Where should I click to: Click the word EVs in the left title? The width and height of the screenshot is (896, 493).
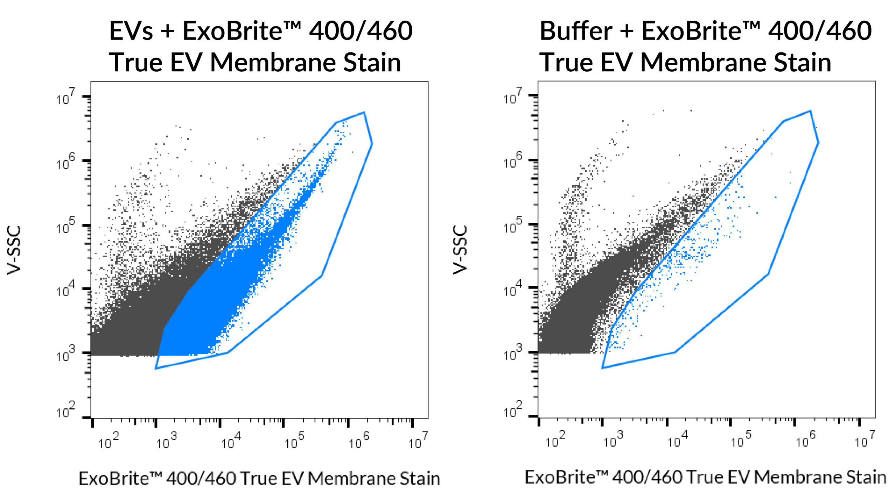(131, 31)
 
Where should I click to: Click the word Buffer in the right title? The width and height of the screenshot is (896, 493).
(575, 31)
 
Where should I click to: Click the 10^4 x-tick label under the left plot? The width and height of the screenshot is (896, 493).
(231, 441)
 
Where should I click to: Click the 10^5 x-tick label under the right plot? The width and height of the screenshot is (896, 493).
(741, 441)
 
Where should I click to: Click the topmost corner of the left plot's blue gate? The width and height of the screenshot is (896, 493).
(364, 112)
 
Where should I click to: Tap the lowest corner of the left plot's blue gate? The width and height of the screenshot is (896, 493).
(156, 368)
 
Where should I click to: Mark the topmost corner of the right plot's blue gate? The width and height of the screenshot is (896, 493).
(810, 111)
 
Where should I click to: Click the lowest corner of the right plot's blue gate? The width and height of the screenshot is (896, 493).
(602, 368)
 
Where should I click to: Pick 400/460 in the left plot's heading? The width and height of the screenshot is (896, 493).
(360, 31)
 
